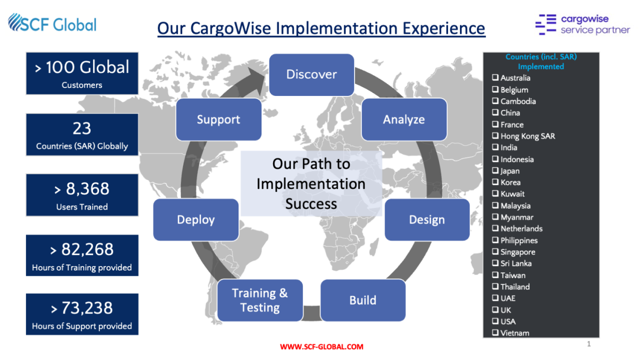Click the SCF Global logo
pyautogui.click(x=52, y=23)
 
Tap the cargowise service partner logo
pyautogui.click(x=582, y=24)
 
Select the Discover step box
pyautogui.click(x=311, y=74)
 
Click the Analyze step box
pyautogui.click(x=404, y=119)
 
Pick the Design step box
pyautogui.click(x=426, y=219)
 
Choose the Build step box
pyautogui.click(x=362, y=300)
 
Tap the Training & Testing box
pyautogui.click(x=260, y=300)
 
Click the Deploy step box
pyautogui.click(x=195, y=219)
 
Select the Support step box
pyautogui.click(x=218, y=119)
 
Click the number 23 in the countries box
pyautogui.click(x=82, y=128)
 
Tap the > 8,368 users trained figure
pyautogui.click(x=82, y=189)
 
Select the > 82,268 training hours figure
pyautogui.click(x=82, y=249)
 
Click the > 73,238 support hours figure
pyautogui.click(x=82, y=308)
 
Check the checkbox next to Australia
pyautogui.click(x=495, y=77)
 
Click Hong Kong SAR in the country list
pyautogui.click(x=527, y=136)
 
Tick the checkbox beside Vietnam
pyautogui.click(x=495, y=332)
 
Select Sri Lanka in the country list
pyautogui.click(x=516, y=263)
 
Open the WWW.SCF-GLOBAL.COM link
pyautogui.click(x=321, y=346)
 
